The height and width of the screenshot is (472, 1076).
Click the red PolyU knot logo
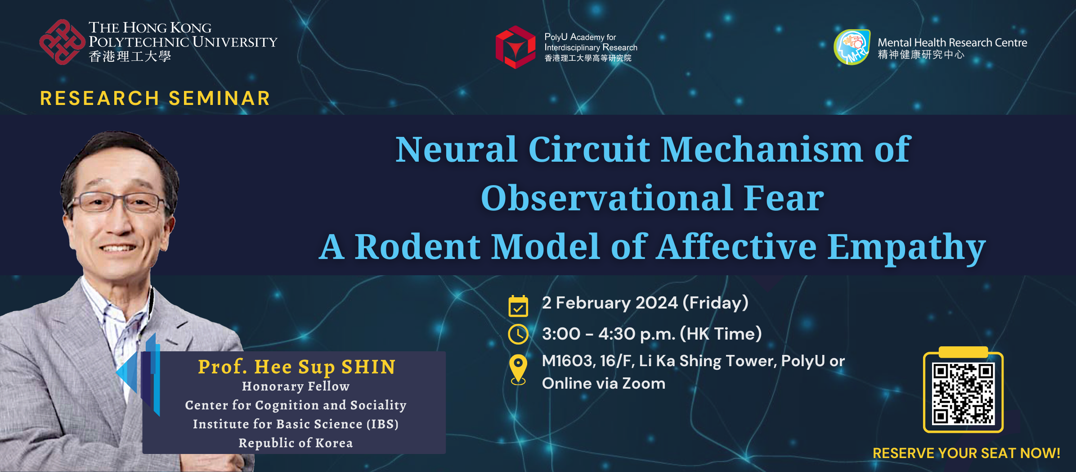[x=62, y=42]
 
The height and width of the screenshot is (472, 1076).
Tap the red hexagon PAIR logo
[x=516, y=47]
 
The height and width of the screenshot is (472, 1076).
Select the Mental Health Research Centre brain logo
[x=852, y=47]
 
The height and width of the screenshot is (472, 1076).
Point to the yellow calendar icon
[x=518, y=306]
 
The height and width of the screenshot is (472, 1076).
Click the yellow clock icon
[x=518, y=334]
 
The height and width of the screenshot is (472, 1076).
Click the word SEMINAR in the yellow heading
[x=220, y=98]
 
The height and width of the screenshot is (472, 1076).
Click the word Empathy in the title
[x=906, y=247]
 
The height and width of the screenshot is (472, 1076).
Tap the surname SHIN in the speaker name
[x=368, y=367]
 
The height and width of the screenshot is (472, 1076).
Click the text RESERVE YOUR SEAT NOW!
[x=967, y=453]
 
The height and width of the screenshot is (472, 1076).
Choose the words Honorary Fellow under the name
[x=296, y=386]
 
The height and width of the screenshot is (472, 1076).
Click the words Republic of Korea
[x=296, y=443]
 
